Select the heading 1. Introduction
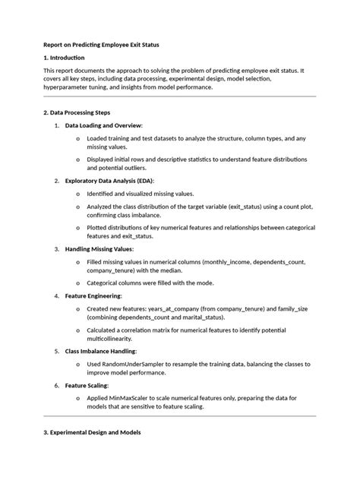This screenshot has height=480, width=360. (x=65, y=58)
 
